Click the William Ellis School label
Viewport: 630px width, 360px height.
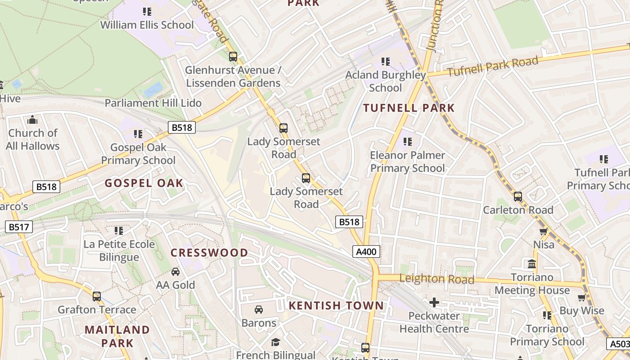(x=147, y=25)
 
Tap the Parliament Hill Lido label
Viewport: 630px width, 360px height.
(x=153, y=103)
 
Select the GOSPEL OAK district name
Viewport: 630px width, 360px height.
(x=144, y=183)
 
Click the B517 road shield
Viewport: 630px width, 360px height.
(x=19, y=227)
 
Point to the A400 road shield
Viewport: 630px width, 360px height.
(x=366, y=252)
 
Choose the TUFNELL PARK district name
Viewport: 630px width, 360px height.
(x=409, y=108)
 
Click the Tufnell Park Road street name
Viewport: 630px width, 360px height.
(x=493, y=67)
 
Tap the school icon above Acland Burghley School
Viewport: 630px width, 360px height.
(x=385, y=61)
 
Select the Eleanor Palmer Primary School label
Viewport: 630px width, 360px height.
(x=407, y=162)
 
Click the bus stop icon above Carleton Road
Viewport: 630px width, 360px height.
(x=518, y=197)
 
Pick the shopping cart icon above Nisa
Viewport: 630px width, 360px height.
(x=544, y=231)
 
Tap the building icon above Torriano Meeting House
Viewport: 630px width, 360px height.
(x=532, y=264)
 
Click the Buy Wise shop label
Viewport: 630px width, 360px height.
(x=581, y=311)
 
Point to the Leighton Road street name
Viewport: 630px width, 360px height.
(x=436, y=279)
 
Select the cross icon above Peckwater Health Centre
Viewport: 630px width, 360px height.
(x=434, y=302)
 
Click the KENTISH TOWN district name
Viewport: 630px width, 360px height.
(x=336, y=306)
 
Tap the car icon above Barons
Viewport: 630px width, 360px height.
(x=259, y=310)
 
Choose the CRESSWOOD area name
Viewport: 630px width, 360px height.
(x=209, y=253)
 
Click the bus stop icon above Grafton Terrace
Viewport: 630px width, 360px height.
(x=97, y=297)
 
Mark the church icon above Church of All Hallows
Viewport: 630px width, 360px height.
(x=32, y=120)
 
